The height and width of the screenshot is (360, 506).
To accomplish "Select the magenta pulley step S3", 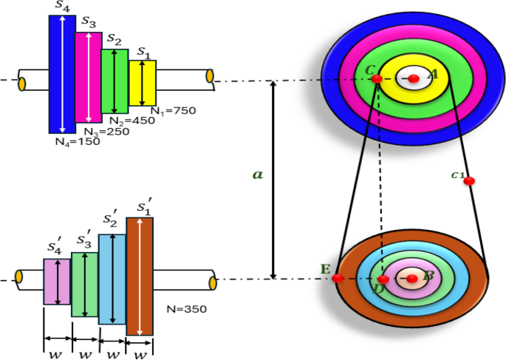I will point(87,78).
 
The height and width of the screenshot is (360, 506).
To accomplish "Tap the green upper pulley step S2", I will point(114,81).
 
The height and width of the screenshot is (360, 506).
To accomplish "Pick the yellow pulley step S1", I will point(143,83).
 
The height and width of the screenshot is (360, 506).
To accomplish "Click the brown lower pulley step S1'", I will point(140,276).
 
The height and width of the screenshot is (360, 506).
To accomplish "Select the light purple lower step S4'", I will point(57,282).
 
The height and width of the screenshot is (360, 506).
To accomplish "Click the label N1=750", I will point(173,110).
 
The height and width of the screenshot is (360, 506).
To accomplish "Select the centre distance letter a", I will point(257,174).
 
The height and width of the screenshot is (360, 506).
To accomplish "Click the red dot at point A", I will point(414,78).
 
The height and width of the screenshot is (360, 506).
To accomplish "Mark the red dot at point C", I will point(376,78).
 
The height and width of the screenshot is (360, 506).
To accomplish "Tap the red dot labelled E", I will point(338,278).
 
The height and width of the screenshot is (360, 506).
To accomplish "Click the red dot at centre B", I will point(412,278).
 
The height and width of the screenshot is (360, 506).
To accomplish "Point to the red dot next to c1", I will point(469,180).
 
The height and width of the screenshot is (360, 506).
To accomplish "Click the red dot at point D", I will point(383,279).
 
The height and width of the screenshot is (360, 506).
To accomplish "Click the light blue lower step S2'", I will point(112,279).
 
